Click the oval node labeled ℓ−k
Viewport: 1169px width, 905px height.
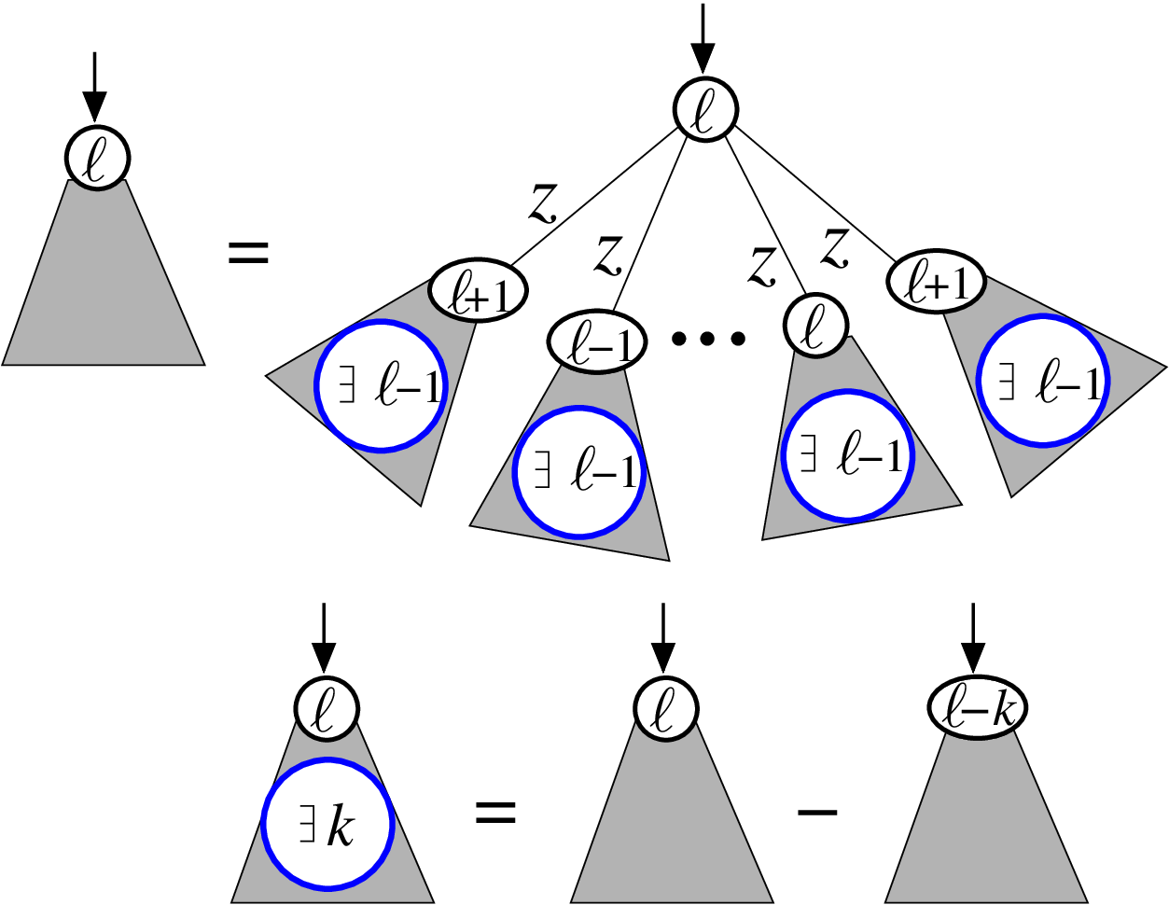977,707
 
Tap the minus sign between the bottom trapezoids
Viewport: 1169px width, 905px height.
816,812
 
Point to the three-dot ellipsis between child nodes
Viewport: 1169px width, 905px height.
708,339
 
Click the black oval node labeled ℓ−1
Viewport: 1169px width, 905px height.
596,341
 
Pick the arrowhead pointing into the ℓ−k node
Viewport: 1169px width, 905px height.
973,657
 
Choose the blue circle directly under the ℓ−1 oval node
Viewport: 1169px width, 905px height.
578,472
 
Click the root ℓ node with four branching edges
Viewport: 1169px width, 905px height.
704,109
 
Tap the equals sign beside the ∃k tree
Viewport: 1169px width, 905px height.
495,812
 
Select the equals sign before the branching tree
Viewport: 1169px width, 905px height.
248,253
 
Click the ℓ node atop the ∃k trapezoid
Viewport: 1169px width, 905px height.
327,707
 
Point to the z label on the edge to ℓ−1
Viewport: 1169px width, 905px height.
608,256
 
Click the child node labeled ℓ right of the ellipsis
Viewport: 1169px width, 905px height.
815,326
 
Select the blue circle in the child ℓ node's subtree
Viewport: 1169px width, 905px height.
848,455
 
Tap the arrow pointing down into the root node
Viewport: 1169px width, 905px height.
703,38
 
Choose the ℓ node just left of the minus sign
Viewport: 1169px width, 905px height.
665,707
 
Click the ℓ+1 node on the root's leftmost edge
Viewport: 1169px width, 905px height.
479,290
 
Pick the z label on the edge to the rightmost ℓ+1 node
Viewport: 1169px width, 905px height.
834,248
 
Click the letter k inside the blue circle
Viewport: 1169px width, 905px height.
341,827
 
